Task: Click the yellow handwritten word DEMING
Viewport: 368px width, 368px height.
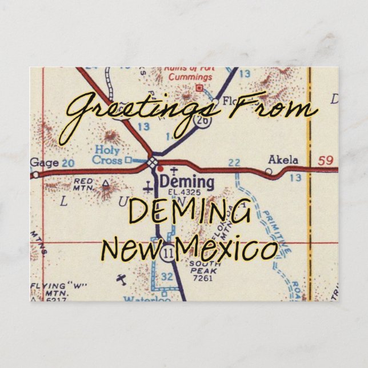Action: click(190, 213)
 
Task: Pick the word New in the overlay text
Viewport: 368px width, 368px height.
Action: click(133, 249)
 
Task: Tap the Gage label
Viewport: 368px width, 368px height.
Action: click(45, 163)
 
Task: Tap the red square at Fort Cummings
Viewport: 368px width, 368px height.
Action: click(199, 87)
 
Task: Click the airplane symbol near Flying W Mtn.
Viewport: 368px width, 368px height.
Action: click(121, 279)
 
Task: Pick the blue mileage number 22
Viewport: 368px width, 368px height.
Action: click(234, 163)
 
